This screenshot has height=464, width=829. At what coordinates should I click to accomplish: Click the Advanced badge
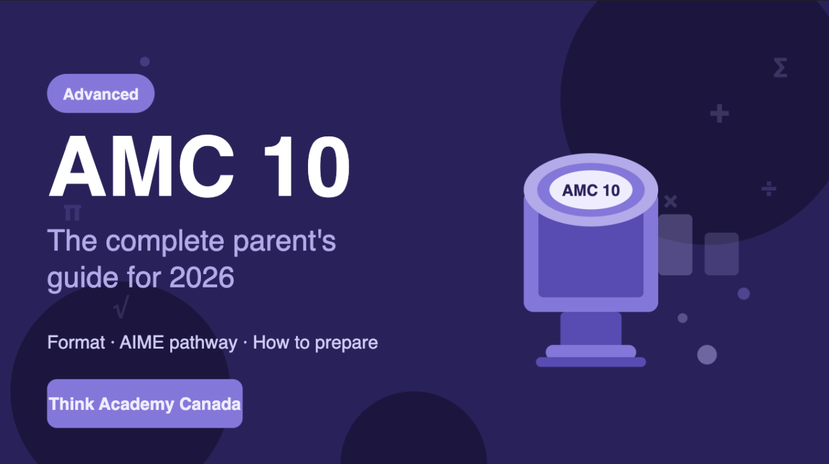click(101, 94)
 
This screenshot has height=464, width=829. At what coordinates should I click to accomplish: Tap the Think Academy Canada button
click(145, 403)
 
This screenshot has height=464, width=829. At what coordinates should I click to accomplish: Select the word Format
click(75, 342)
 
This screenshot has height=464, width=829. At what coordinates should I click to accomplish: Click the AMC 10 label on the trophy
click(591, 191)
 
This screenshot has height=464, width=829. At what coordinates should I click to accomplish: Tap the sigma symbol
click(779, 68)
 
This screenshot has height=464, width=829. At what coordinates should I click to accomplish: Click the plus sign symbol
click(719, 114)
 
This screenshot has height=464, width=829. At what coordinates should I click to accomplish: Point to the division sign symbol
click(769, 188)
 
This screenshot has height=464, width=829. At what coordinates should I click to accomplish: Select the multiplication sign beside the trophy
click(670, 202)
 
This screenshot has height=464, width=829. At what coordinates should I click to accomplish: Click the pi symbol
click(72, 212)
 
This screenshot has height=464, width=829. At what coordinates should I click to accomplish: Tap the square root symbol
click(121, 307)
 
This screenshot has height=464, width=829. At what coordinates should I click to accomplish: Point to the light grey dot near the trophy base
click(707, 354)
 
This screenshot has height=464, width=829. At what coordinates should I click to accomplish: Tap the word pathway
click(205, 343)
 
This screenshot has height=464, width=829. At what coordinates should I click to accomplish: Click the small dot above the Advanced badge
click(145, 62)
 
